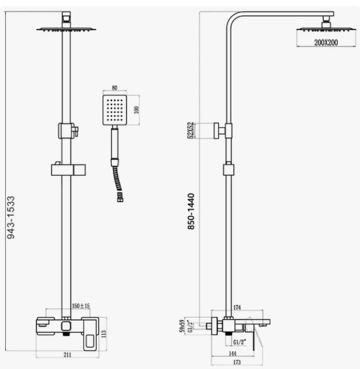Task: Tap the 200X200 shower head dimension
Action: point(316,43)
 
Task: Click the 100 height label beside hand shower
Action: point(137,110)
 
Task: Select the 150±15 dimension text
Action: point(81,305)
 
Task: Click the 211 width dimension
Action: point(68,354)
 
